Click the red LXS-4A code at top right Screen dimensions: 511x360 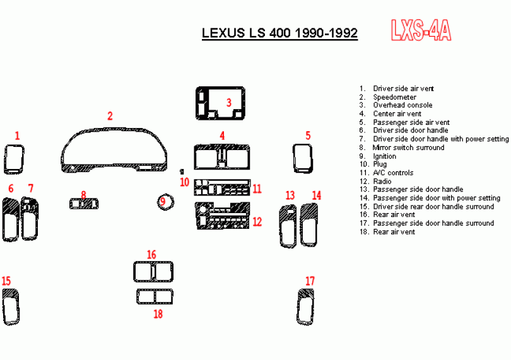tap(421, 30)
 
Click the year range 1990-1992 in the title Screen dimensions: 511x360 tap(326, 33)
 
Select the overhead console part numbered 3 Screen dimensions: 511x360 tap(220, 103)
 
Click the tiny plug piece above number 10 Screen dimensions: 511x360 tap(182, 171)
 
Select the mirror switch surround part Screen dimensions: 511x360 tap(84, 204)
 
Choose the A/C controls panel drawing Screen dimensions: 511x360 tap(222, 187)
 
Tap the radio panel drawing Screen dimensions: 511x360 tap(223, 216)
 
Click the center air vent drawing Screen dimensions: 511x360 tap(222, 157)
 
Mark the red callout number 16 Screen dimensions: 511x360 tap(151, 255)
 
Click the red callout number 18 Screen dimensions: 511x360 tap(158, 314)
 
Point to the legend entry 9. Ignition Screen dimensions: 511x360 tap(378, 156)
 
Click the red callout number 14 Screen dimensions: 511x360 tap(317, 195)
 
